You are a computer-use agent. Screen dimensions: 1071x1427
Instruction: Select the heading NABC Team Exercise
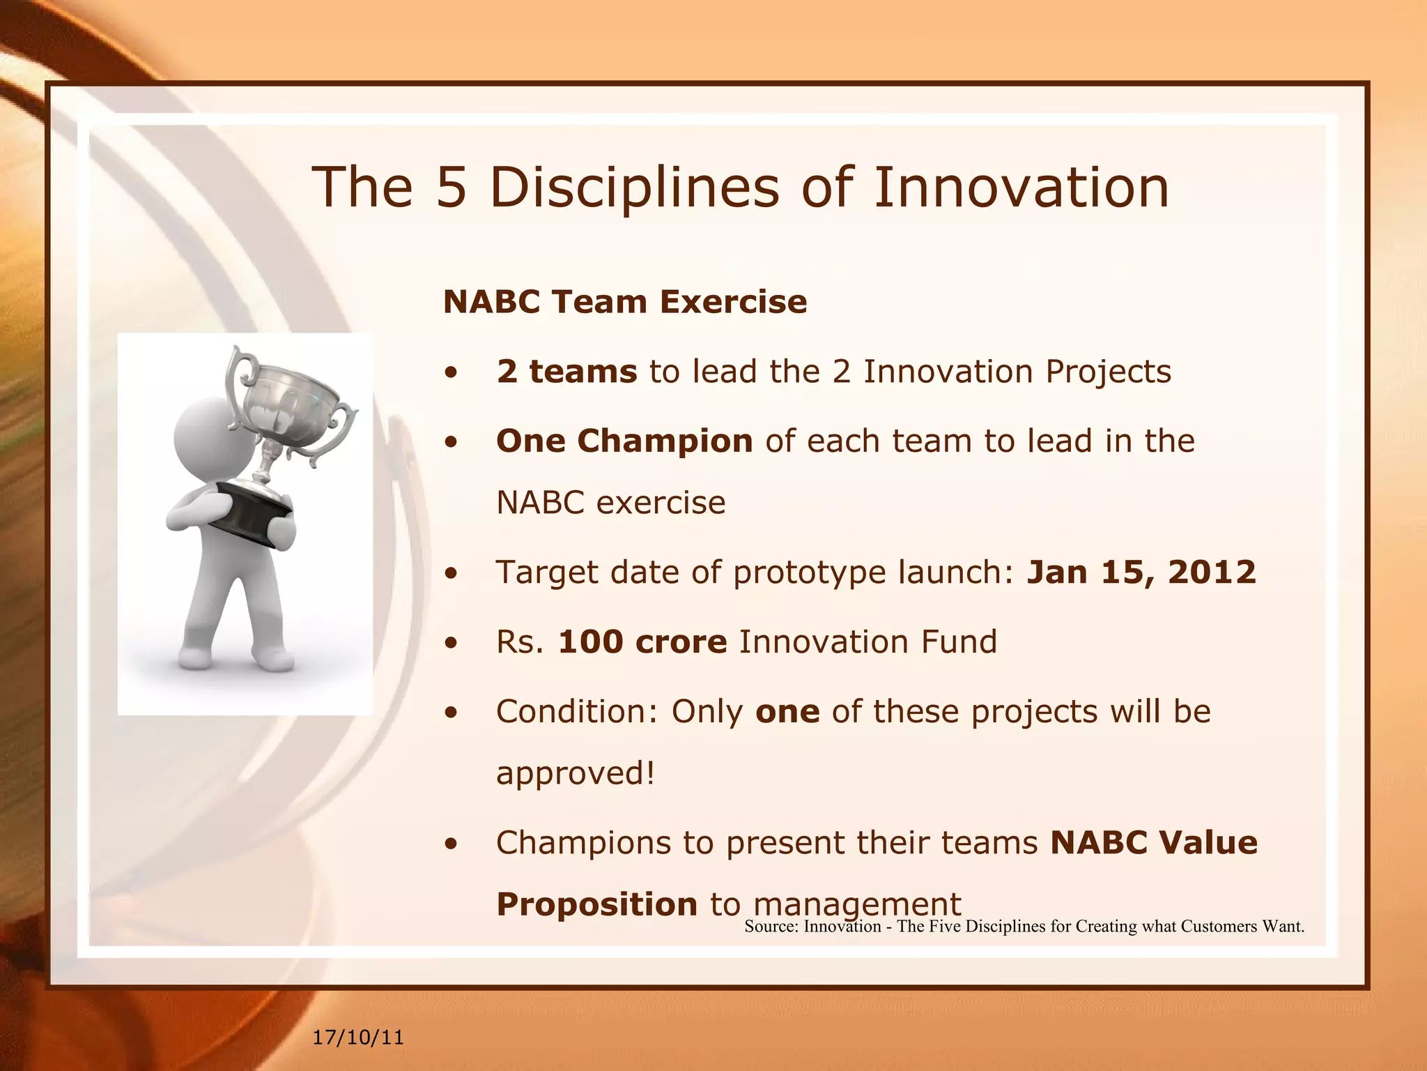pyautogui.click(x=625, y=302)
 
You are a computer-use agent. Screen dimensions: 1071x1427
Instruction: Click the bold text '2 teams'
pyautogui.click(x=566, y=371)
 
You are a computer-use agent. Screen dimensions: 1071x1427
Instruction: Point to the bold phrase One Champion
pyautogui.click(x=624, y=441)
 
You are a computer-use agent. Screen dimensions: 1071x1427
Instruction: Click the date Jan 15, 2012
pyautogui.click(x=1141, y=572)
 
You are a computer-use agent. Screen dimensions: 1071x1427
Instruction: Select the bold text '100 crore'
pyautogui.click(x=642, y=641)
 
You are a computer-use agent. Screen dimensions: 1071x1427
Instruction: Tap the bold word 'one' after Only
pyautogui.click(x=787, y=711)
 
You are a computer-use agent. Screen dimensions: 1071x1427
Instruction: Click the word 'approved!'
pyautogui.click(x=576, y=773)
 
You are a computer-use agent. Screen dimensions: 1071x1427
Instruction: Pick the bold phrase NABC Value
pyautogui.click(x=1153, y=842)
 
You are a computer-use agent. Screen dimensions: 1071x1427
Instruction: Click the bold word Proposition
pyautogui.click(x=596, y=904)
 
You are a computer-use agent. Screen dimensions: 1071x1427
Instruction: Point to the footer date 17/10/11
pyautogui.click(x=358, y=1038)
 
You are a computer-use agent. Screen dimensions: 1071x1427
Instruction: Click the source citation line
pyautogui.click(x=1024, y=927)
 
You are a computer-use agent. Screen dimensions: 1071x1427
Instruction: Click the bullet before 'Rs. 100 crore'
pyautogui.click(x=452, y=643)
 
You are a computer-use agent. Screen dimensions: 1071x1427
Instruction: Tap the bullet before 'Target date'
pyautogui.click(x=452, y=573)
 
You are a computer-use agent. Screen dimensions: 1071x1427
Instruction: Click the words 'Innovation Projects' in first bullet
pyautogui.click(x=1017, y=371)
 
